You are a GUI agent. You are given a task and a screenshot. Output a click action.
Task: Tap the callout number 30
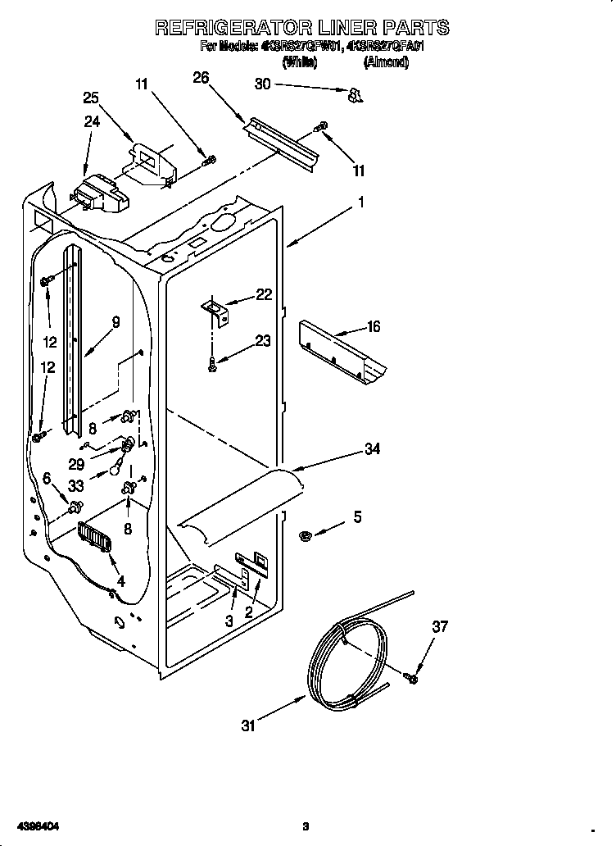(262, 84)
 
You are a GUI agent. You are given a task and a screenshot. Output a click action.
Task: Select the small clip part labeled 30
(355, 96)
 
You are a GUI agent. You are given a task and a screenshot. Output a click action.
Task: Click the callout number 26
(201, 78)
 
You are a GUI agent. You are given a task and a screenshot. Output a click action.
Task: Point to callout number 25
(91, 98)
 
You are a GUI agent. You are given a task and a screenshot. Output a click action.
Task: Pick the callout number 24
(91, 122)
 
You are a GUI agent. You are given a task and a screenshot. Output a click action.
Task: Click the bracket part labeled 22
(217, 309)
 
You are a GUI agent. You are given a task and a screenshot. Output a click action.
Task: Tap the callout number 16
(373, 327)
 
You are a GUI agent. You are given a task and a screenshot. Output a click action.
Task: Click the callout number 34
(373, 448)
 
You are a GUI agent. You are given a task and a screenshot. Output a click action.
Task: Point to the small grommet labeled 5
(306, 535)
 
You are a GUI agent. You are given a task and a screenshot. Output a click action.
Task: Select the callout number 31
(249, 725)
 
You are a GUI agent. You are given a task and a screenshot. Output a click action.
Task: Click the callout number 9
(115, 323)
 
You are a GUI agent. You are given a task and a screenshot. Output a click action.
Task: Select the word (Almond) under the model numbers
(386, 61)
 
